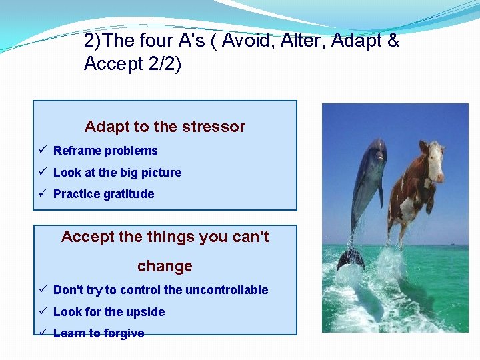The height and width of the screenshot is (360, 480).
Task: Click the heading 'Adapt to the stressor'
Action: pyautogui.click(x=165, y=127)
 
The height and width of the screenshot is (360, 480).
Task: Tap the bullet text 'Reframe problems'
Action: pyautogui.click(x=105, y=151)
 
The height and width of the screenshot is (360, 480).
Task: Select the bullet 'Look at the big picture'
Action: pyautogui.click(x=117, y=173)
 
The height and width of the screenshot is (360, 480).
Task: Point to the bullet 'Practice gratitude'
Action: pyautogui.click(x=103, y=194)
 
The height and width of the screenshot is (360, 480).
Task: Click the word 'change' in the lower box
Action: pyautogui.click(x=165, y=266)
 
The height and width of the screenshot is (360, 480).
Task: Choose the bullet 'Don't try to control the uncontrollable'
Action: pyautogui.click(x=161, y=290)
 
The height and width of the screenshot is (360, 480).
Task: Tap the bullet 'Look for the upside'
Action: pyautogui.click(x=109, y=312)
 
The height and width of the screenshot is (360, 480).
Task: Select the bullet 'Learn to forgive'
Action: pyautogui.click(x=99, y=333)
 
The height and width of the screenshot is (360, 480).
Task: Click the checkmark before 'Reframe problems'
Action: pyautogui.click(x=42, y=151)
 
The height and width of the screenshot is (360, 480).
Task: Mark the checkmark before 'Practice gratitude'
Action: pyautogui.click(x=42, y=194)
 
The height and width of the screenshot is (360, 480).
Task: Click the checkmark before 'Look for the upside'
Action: pyautogui.click(x=42, y=312)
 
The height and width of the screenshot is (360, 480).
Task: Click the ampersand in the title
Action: pyautogui.click(x=393, y=41)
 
